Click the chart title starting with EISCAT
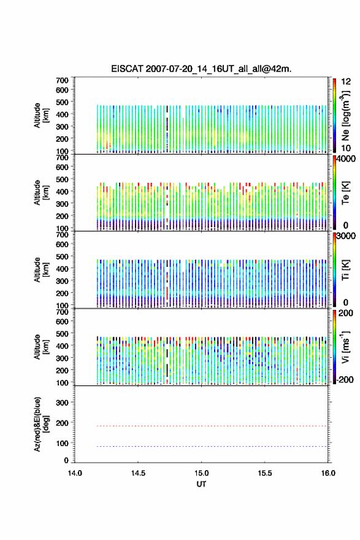coord(201,69)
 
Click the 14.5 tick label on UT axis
coord(138,473)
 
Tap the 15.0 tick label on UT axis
coord(201,473)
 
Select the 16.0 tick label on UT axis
coord(328,473)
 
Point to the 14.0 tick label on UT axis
coord(75,473)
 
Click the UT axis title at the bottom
coord(201,484)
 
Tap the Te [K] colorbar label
coord(345,193)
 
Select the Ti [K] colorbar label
coord(345,270)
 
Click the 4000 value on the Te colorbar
coord(347,160)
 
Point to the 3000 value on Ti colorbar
coord(347,236)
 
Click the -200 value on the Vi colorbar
coord(345,380)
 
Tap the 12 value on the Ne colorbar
coord(347,82)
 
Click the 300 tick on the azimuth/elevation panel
coord(63,403)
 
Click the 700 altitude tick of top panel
coord(63,80)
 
